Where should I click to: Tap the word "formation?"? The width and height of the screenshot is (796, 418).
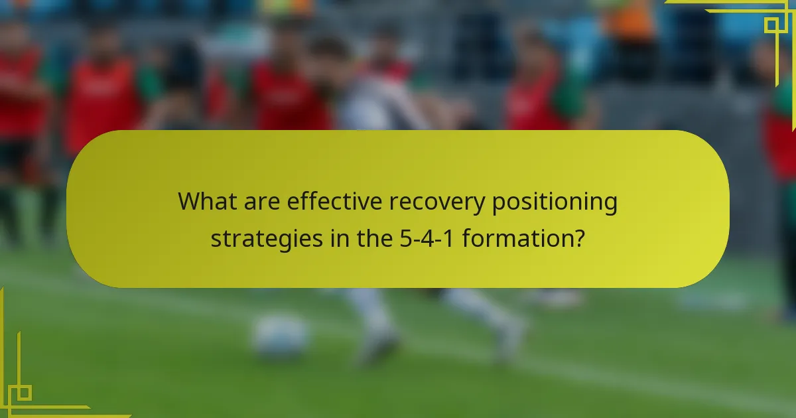coord(523,238)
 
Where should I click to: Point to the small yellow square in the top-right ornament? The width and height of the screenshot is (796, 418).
coord(771,25)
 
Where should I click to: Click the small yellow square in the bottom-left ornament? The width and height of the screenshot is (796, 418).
coord(25,393)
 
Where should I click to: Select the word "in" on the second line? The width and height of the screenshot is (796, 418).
coord(338,238)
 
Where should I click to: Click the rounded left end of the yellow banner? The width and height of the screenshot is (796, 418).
coord(83,209)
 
